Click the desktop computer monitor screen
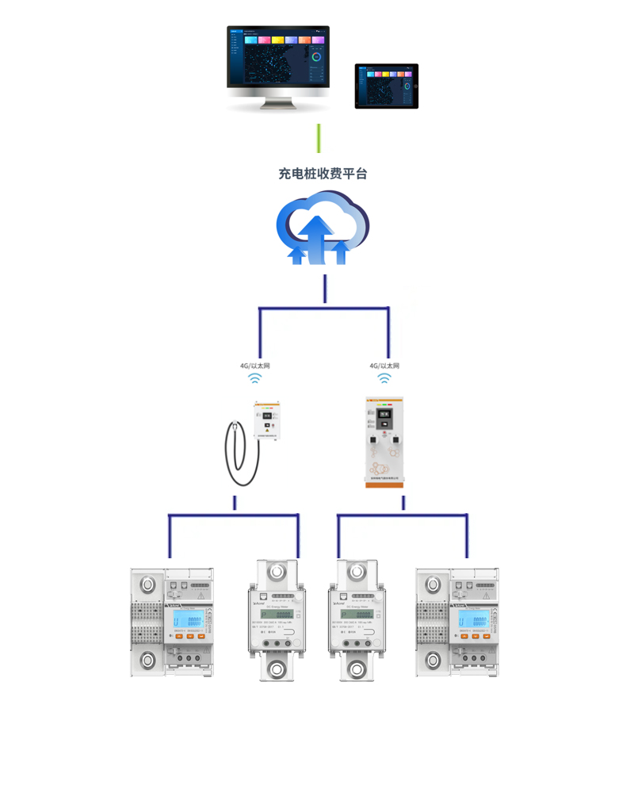pyautogui.click(x=277, y=56)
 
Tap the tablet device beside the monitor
pyautogui.click(x=386, y=86)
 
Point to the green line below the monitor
pyautogui.click(x=319, y=138)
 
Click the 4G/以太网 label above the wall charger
pyautogui.click(x=255, y=366)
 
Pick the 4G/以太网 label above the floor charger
pyautogui.click(x=384, y=366)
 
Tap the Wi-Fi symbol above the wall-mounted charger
pyautogui.click(x=255, y=379)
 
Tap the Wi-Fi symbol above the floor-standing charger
pyautogui.click(x=384, y=379)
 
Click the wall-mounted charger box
pyautogui.click(x=269, y=420)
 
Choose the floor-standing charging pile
pyautogui.click(x=384, y=441)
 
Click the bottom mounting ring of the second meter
pyautogui.click(x=277, y=668)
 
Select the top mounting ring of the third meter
pyautogui.click(x=354, y=572)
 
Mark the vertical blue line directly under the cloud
pyautogui.click(x=325, y=289)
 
